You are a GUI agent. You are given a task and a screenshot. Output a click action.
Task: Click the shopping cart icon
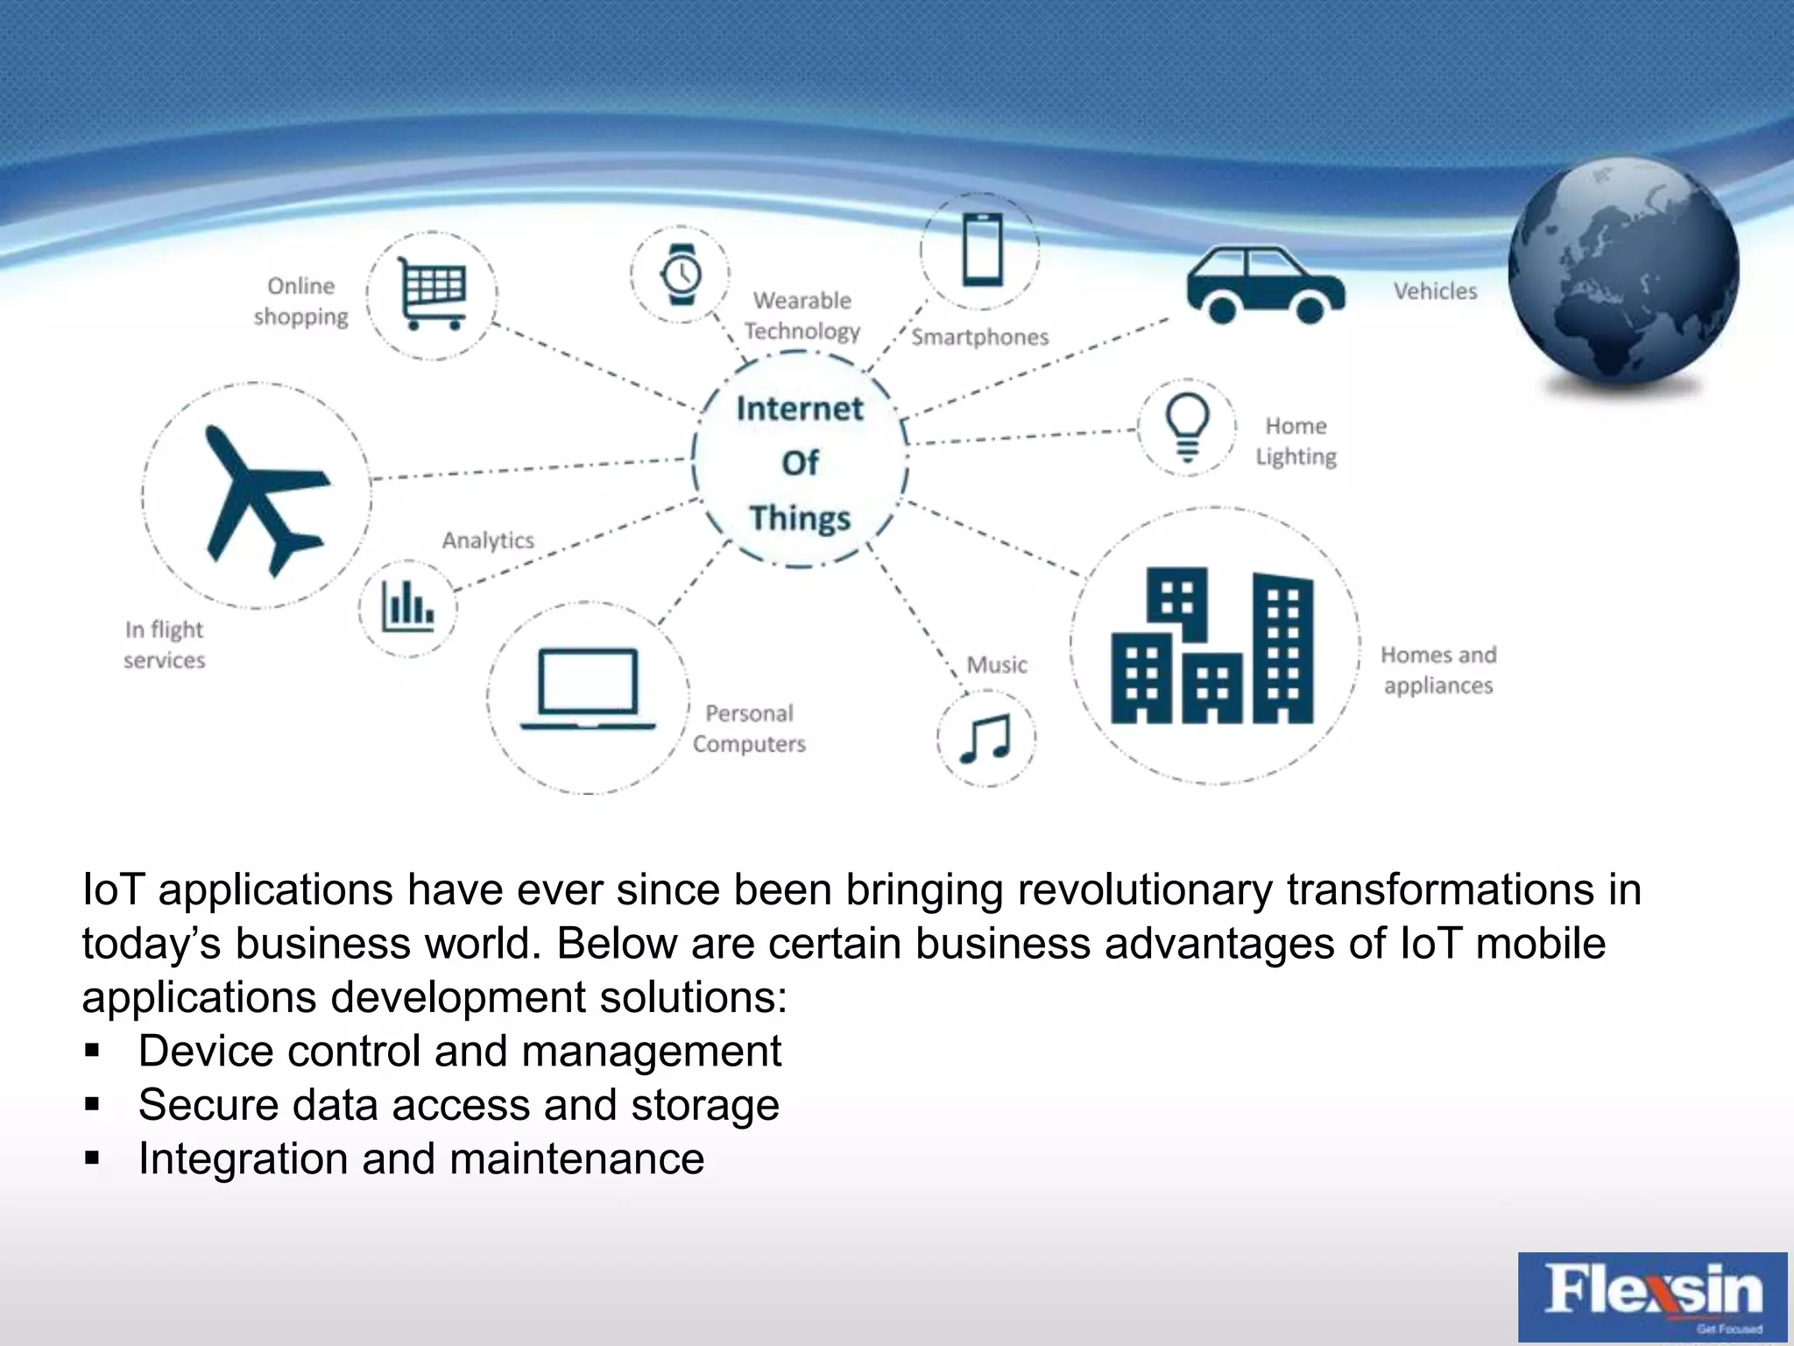(433, 294)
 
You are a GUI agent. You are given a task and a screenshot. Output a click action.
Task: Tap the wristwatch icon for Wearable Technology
(681, 274)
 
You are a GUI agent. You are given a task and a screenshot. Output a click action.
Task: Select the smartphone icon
(982, 250)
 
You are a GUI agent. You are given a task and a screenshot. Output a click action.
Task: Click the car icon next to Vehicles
(1265, 284)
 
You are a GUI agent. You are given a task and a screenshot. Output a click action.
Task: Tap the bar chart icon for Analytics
(407, 606)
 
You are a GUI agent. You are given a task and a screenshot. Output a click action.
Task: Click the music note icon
(986, 739)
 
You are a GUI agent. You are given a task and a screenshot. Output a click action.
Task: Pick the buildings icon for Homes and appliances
(1213, 646)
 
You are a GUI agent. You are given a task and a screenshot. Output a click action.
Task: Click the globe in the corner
(1623, 273)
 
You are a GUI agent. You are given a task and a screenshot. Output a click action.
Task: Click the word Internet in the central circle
(800, 409)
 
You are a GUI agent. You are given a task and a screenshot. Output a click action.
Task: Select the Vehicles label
(1435, 291)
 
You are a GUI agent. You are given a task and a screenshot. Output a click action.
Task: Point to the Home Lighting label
(1296, 441)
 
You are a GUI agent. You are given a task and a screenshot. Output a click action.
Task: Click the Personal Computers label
(749, 728)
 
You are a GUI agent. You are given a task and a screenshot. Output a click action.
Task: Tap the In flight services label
(164, 644)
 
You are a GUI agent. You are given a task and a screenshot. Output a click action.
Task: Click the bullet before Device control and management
(93, 1050)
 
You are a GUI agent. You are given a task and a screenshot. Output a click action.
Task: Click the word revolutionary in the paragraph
(1145, 890)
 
